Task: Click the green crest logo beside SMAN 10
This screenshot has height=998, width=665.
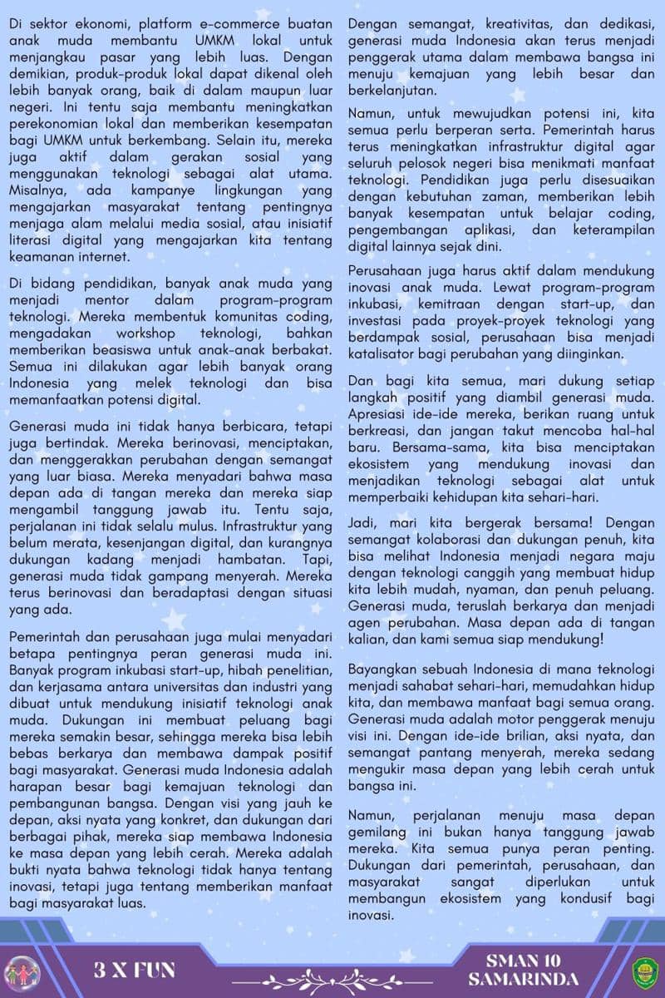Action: tap(645, 971)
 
